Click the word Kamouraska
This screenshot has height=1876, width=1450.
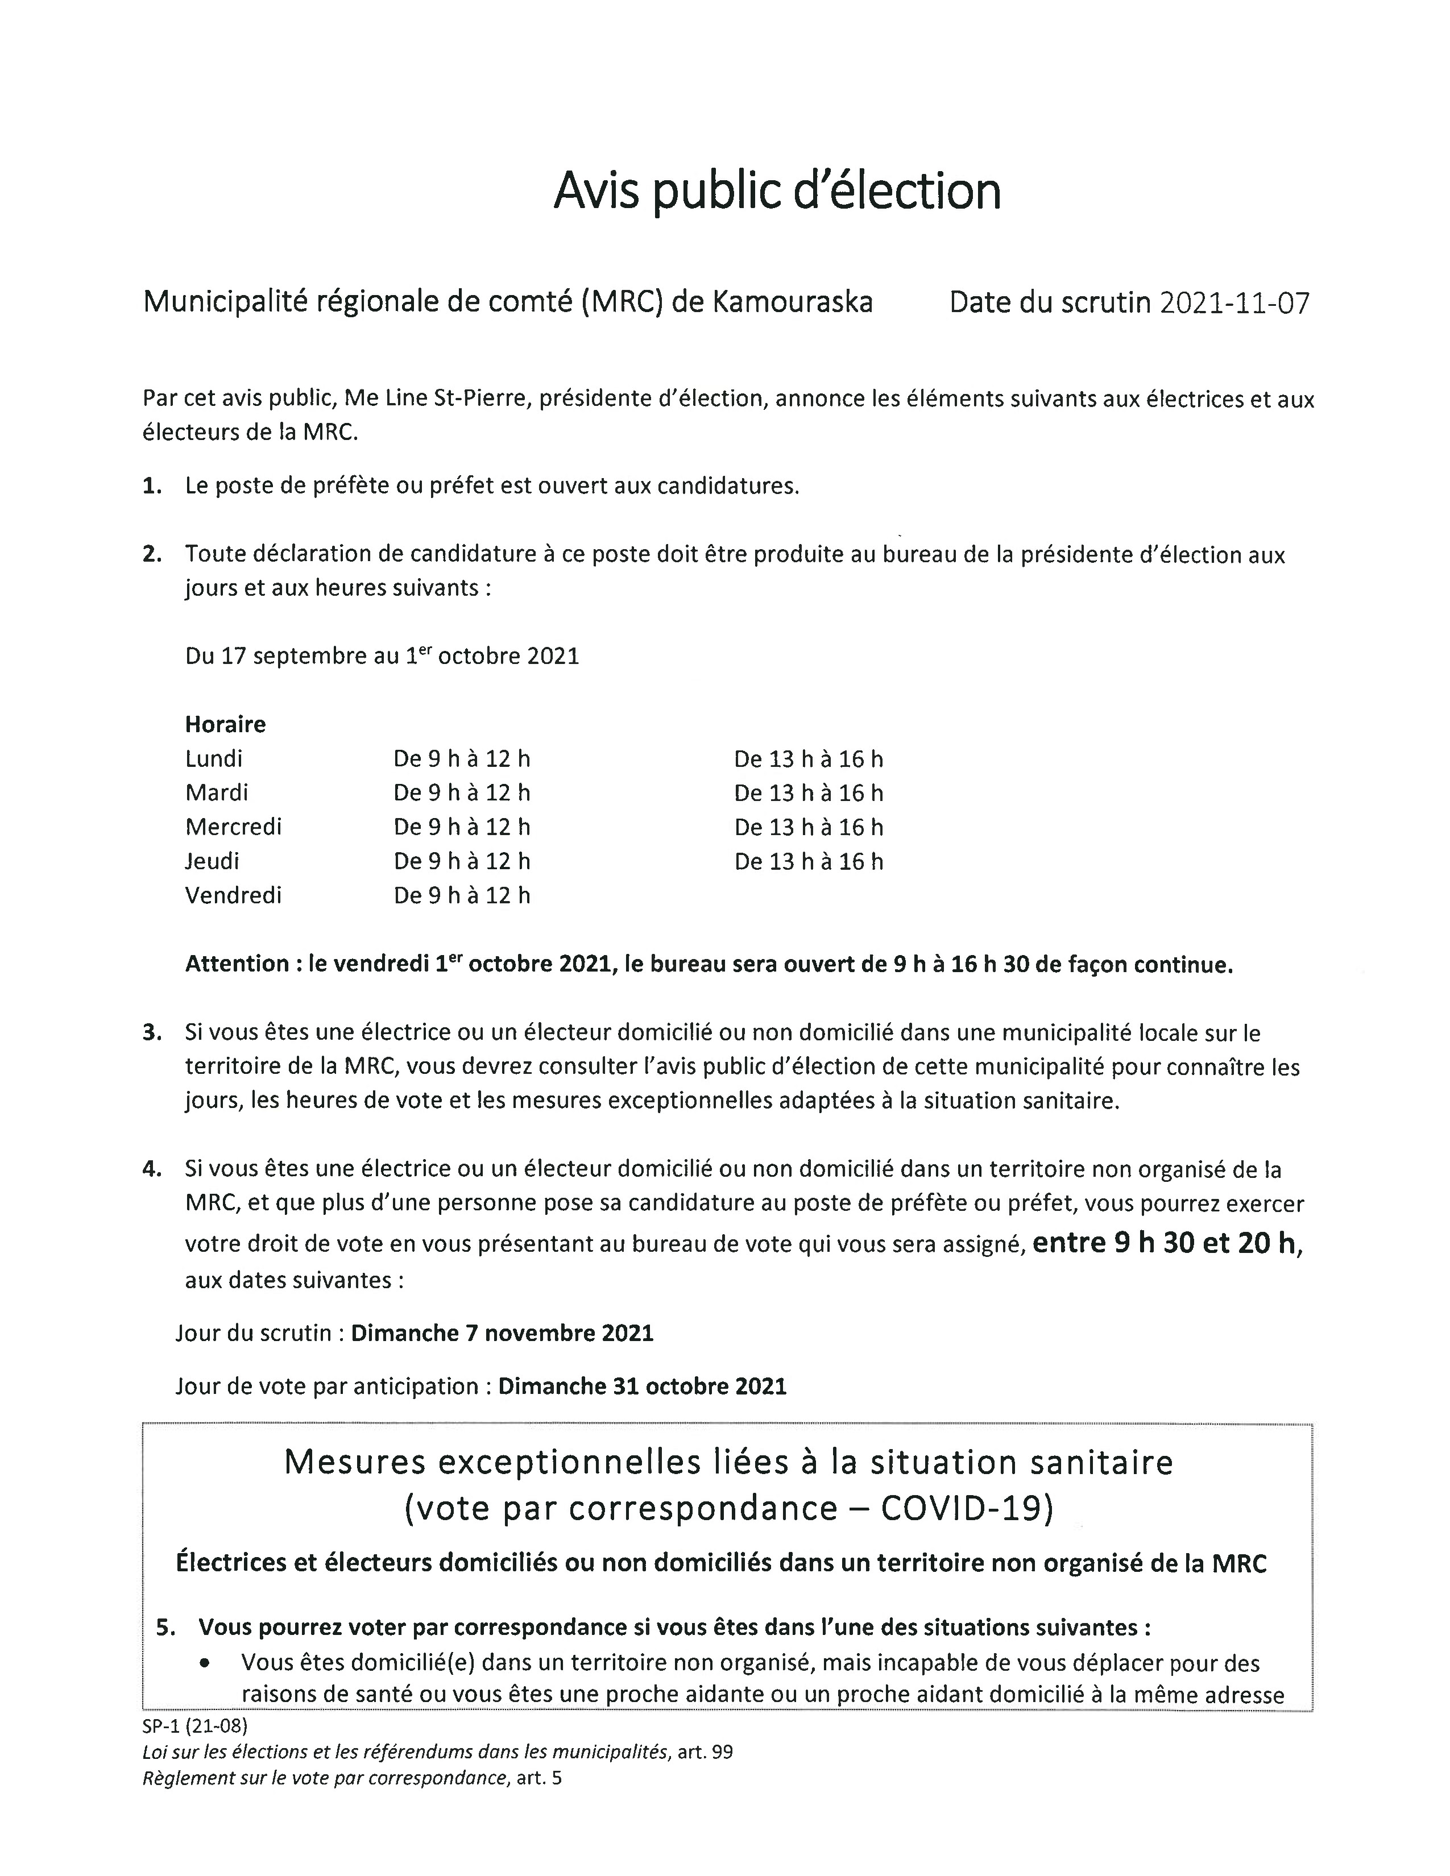793,302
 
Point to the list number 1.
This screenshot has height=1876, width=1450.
152,486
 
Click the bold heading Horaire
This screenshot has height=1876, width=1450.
225,724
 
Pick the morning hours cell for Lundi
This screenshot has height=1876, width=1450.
461,758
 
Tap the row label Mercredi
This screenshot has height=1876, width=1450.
233,827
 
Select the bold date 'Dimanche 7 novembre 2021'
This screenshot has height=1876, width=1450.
503,1333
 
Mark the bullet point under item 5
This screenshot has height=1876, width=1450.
205,1663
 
